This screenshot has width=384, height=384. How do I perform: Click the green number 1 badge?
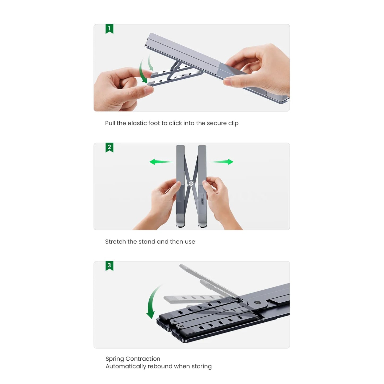[109, 29]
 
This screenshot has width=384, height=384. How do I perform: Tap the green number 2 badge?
[109, 147]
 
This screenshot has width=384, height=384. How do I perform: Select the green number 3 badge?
[109, 266]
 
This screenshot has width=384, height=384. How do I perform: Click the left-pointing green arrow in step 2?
[161, 162]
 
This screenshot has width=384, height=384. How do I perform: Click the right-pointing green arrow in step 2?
[221, 162]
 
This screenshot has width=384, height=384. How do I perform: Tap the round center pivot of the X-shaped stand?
[191, 183]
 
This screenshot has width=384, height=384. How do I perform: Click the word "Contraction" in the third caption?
[142, 359]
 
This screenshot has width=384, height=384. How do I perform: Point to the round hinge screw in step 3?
[257, 302]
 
